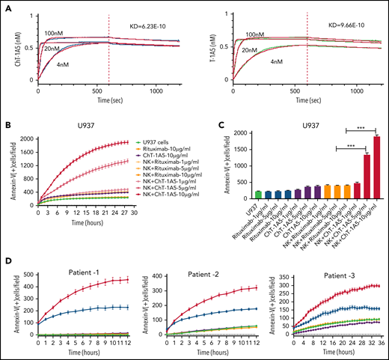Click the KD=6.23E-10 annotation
pyautogui.click(x=146, y=24)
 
